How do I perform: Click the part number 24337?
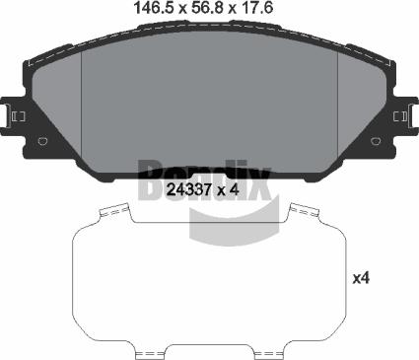pyautogui.click(x=189, y=187)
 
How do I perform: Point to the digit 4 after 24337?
pyautogui.click(x=237, y=187)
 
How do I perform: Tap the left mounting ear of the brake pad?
pyautogui.click(x=15, y=116)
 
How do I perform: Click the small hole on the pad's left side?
pyautogui.click(x=42, y=141)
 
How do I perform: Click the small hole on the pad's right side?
pyautogui.click(x=376, y=141)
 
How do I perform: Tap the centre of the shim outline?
pyautogui.click(x=208, y=281)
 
